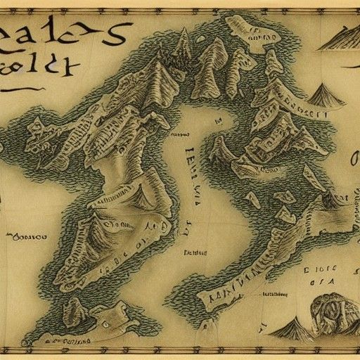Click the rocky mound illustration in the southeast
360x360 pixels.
click(x=331, y=309)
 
